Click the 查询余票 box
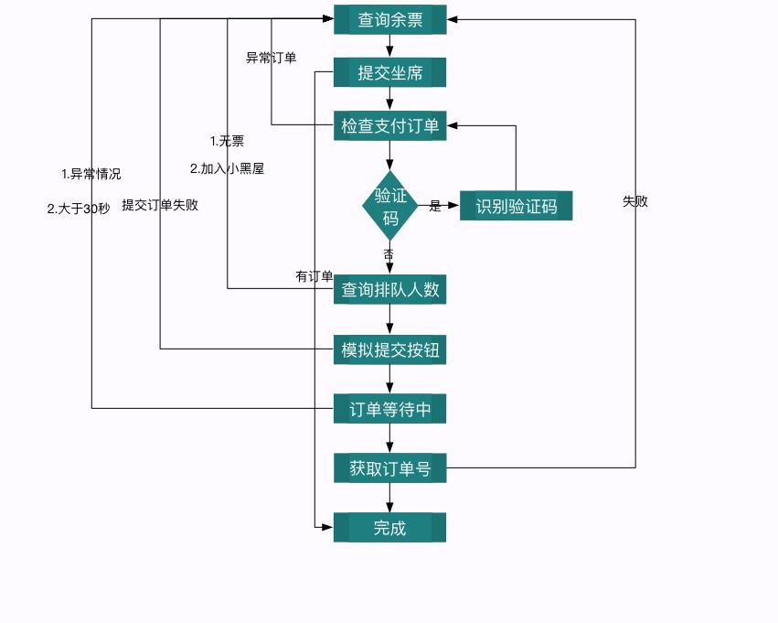[389, 20]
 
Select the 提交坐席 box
[389, 73]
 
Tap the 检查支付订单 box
[389, 125]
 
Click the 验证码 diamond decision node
[390, 206]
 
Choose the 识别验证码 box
[516, 206]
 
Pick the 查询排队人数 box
[389, 290]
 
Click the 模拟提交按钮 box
[389, 349]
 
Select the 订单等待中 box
[389, 409]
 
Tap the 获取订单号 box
[389, 468]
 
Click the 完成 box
[389, 528]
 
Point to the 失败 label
[635, 201]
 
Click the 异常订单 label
[272, 58]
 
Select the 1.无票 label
[227, 141]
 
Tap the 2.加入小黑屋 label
[227, 168]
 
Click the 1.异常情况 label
[91, 174]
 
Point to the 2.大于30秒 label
[79, 209]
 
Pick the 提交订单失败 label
[160, 205]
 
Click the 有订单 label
[314, 276]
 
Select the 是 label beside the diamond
[435, 207]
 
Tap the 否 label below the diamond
[389, 253]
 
